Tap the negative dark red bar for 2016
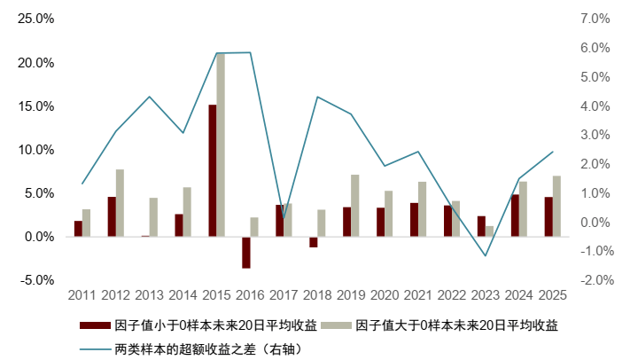pos(246,252)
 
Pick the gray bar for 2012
pos(120,203)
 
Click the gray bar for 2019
pos(355,206)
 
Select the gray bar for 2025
pos(556,207)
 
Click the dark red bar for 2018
pos(314,241)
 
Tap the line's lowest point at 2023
pos(486,256)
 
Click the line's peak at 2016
pos(251,52)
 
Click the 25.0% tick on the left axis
pos(35,19)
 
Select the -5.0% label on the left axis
pos(35,280)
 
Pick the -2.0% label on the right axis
pos(592,280)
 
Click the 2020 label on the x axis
pos(385,294)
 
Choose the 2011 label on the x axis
pos(82,294)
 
